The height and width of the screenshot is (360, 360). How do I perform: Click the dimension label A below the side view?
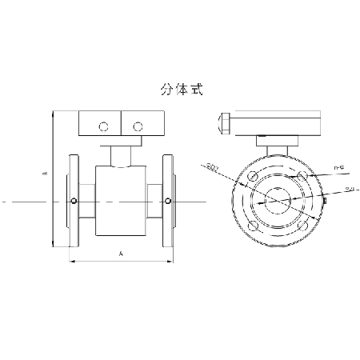[x=120, y=254]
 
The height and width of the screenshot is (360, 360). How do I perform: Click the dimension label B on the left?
[x=46, y=174]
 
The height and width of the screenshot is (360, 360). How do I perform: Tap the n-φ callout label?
[x=338, y=167]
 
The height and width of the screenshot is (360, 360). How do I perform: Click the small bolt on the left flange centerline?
[x=74, y=200]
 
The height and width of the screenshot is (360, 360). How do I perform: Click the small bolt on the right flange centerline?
[x=168, y=200]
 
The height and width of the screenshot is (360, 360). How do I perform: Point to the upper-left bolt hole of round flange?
[x=253, y=176]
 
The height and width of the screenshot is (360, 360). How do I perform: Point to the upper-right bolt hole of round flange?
[x=302, y=176]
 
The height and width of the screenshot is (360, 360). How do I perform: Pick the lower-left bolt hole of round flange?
[x=253, y=226]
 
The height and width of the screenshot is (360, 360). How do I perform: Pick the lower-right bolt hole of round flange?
[x=302, y=226]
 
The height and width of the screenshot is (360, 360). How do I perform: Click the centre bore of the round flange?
[x=278, y=201]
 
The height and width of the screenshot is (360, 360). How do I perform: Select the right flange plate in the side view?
[x=168, y=200]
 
